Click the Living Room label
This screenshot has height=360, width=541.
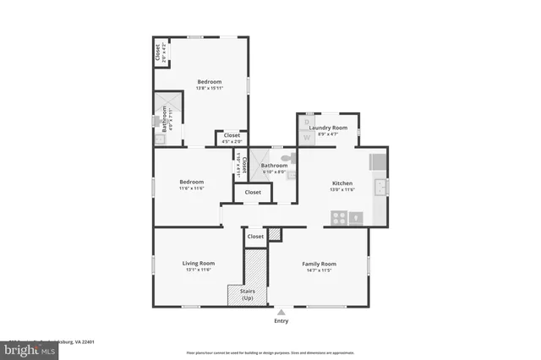[196, 264]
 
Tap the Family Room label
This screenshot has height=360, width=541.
[320, 264]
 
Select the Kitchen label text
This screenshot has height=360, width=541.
[342, 183]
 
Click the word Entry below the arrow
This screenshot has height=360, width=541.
[281, 321]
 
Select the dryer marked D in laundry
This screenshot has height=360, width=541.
[306, 123]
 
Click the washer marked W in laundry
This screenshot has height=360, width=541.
[306, 135]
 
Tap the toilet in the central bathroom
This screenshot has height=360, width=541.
[287, 157]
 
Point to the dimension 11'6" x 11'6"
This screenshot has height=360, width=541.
[191, 188]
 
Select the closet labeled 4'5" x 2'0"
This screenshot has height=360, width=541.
[231, 139]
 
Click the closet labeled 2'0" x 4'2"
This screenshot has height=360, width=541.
[159, 52]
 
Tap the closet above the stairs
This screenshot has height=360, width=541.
[254, 238]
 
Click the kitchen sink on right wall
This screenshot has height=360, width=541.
[381, 186]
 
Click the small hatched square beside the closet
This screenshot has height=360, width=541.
[274, 235]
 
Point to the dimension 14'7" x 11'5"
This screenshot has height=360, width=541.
[320, 270]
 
